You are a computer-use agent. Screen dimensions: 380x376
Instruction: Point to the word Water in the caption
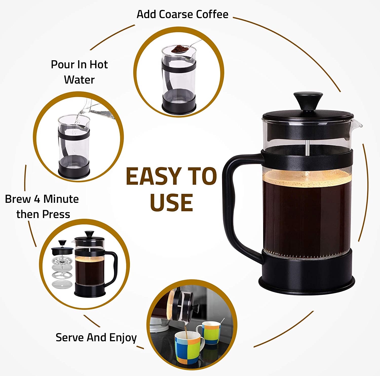pyautogui.click(x=79, y=80)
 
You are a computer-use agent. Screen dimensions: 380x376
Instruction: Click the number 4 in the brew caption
pyautogui.click(x=37, y=199)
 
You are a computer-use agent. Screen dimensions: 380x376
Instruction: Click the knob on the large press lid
pyautogui.click(x=308, y=101)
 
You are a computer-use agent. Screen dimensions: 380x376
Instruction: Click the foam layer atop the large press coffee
pyautogui.click(x=307, y=176)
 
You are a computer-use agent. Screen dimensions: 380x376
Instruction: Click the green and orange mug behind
pyautogui.click(x=208, y=332)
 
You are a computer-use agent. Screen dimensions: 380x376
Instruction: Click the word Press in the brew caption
pyautogui.click(x=56, y=214)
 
